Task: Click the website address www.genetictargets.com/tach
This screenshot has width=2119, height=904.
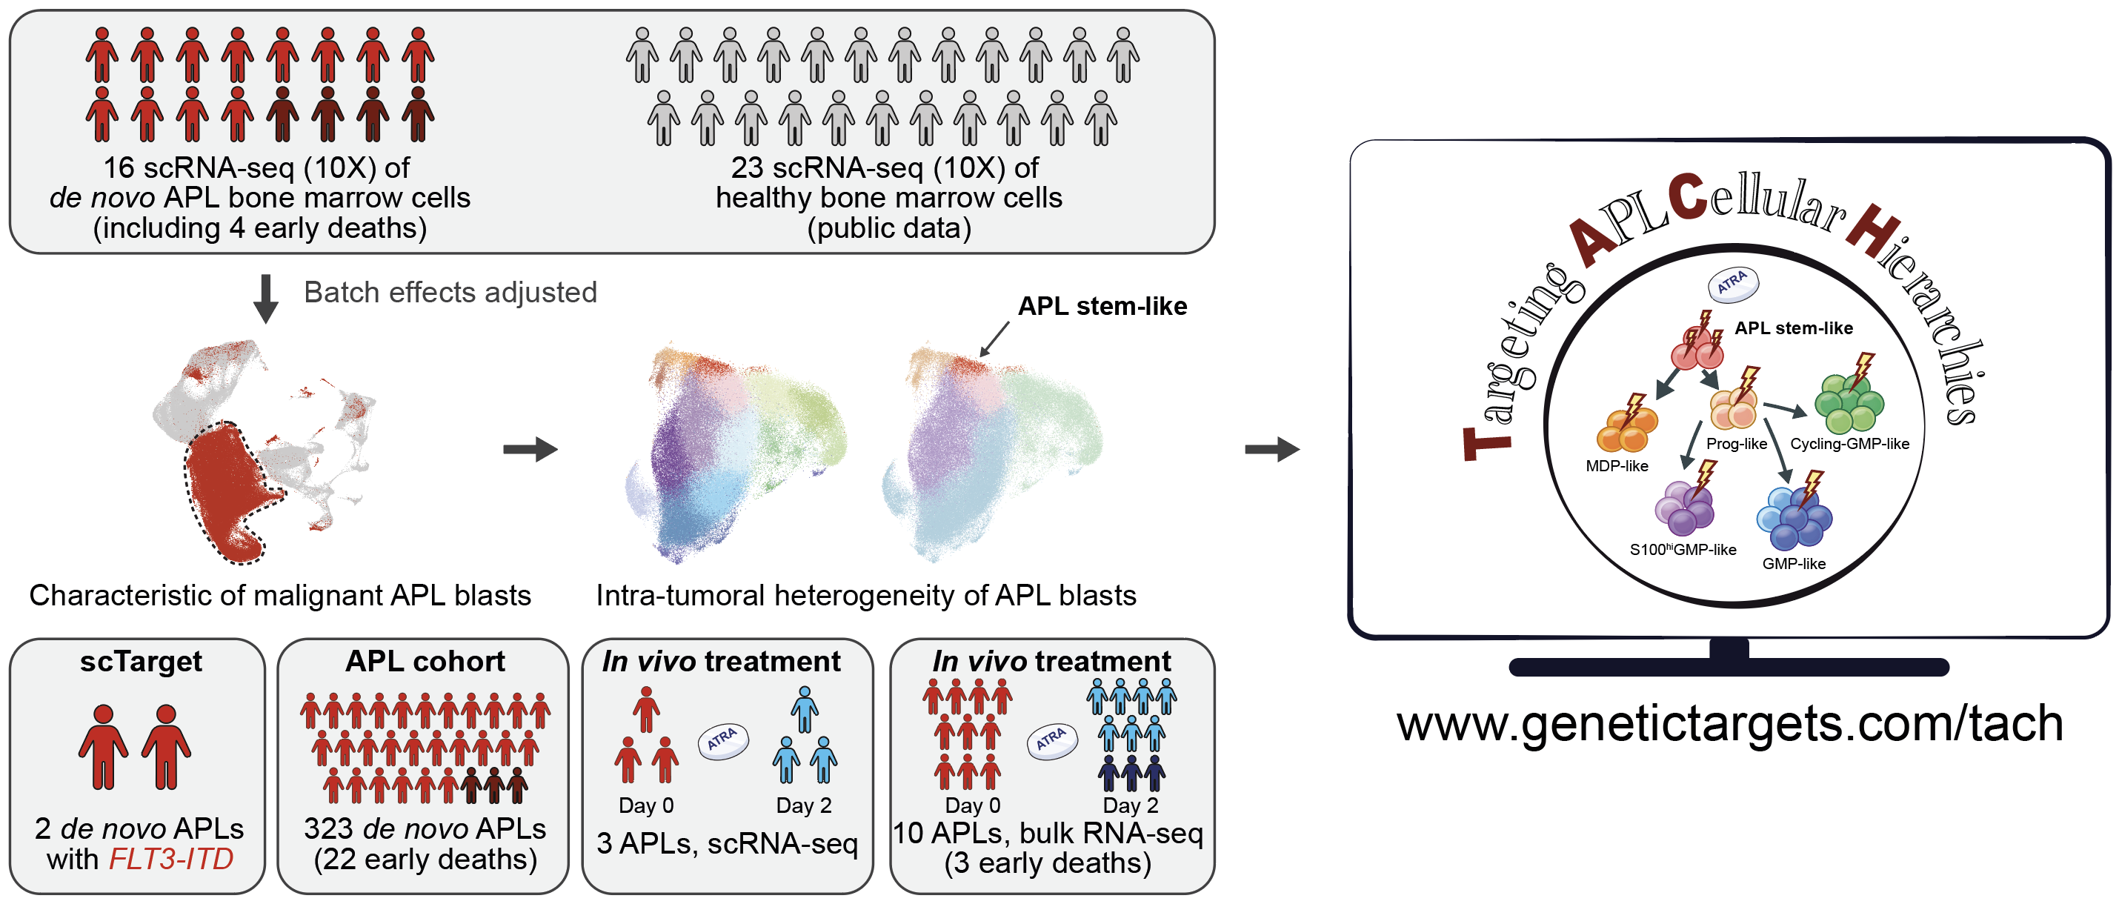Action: point(1730,725)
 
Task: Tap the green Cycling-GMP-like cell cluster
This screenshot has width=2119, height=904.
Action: point(1849,404)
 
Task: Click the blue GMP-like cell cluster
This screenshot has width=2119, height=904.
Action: point(1794,518)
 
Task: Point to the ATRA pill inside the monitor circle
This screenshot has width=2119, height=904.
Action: point(1733,284)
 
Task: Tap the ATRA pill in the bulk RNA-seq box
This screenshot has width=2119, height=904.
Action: point(1052,741)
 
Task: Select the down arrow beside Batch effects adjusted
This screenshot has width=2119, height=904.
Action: point(265,299)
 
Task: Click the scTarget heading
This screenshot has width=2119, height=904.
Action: point(141,662)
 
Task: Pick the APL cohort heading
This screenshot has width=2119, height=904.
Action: point(425,662)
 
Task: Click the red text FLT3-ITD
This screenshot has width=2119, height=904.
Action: point(171,859)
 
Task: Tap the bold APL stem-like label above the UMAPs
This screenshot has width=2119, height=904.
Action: point(1102,306)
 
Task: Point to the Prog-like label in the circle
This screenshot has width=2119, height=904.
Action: point(1737,444)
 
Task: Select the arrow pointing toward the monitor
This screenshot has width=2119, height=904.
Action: point(1271,449)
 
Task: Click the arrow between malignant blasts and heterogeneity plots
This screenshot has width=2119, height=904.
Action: point(530,449)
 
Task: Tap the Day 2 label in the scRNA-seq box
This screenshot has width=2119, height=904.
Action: point(804,805)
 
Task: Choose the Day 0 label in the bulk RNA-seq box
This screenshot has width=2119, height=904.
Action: point(972,805)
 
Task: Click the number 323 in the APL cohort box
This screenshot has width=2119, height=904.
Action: point(329,828)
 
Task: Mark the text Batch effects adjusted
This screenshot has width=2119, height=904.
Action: point(450,292)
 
